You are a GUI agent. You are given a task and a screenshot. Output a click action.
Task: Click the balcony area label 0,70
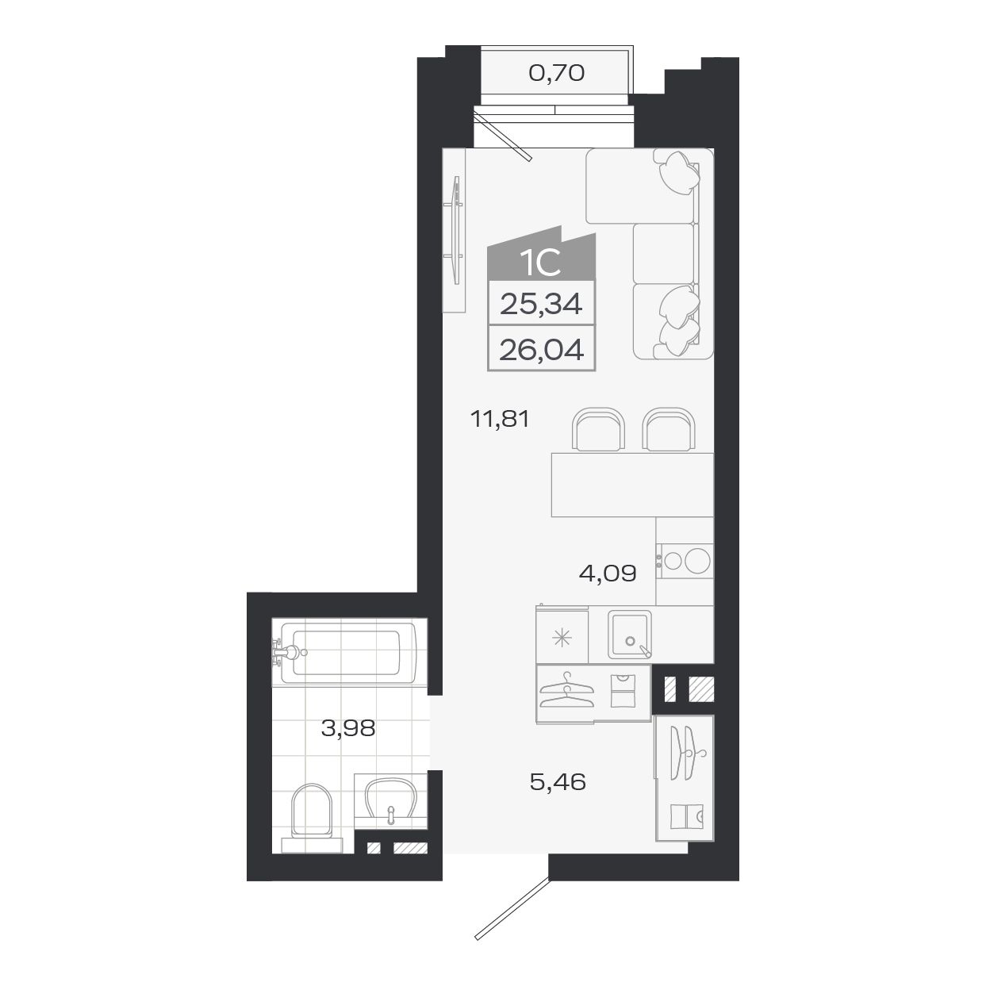(556, 74)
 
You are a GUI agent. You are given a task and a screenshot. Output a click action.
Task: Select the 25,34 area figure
(541, 303)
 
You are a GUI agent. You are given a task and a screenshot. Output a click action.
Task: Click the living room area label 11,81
(499, 419)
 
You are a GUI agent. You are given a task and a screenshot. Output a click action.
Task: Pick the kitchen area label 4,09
(608, 573)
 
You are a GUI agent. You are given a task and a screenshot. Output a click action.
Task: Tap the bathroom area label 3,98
(347, 727)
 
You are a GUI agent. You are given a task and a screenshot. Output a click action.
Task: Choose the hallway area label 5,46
(557, 782)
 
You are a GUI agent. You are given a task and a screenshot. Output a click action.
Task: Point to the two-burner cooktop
(685, 561)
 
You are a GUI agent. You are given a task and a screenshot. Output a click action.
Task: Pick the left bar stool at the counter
(598, 431)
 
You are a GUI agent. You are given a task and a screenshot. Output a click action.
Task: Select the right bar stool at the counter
(668, 431)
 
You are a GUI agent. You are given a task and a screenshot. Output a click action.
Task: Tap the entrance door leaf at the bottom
(511, 908)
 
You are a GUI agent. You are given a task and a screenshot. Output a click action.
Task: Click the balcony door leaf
(503, 136)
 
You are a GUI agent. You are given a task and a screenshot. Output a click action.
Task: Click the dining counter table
(632, 484)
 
